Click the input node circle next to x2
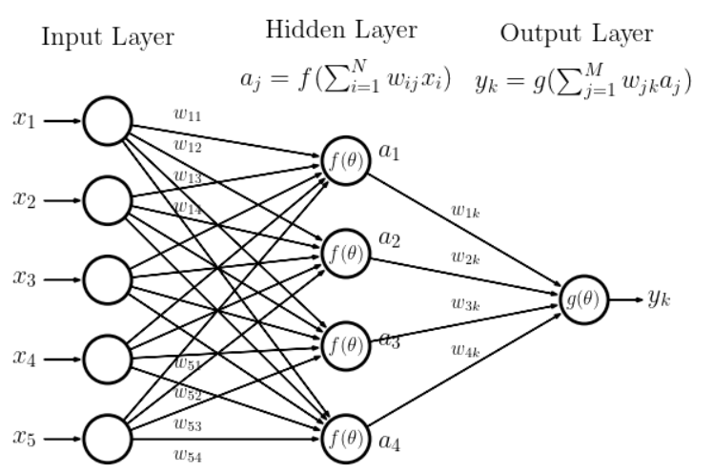(x=107, y=201)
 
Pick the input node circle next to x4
(x=107, y=360)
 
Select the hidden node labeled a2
(x=344, y=252)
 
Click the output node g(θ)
(x=582, y=299)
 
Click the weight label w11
(x=187, y=113)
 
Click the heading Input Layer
(x=108, y=39)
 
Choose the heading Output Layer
(x=578, y=34)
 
